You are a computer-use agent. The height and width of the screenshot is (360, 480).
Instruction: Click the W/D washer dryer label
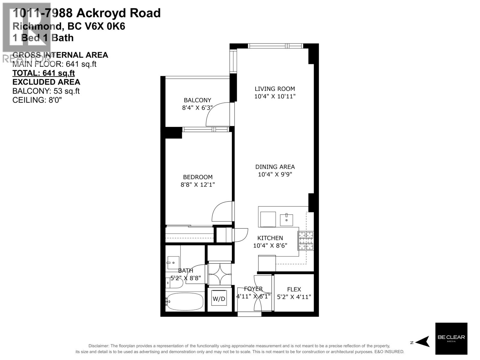click(219, 299)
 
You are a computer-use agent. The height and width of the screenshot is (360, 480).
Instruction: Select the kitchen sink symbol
click(286, 220)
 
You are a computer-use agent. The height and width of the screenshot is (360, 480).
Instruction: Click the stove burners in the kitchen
click(306, 241)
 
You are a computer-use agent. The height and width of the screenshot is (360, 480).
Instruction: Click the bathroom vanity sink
click(173, 263)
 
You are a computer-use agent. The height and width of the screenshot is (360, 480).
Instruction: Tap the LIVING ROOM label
click(275, 89)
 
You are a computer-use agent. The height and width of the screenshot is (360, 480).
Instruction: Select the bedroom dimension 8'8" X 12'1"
click(198, 185)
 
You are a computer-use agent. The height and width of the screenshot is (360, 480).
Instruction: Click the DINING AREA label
click(275, 167)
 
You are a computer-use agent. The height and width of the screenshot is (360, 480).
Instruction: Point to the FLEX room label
click(294, 289)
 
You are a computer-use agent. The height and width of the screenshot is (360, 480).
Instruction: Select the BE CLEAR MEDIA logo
click(451, 338)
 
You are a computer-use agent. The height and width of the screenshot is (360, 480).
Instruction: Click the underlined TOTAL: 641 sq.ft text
click(43, 73)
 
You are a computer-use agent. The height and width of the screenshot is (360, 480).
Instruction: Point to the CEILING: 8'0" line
click(37, 100)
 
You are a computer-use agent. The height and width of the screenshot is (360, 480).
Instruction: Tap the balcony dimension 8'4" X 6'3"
click(197, 108)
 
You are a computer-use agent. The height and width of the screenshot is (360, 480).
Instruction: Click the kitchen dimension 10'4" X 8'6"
click(270, 246)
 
